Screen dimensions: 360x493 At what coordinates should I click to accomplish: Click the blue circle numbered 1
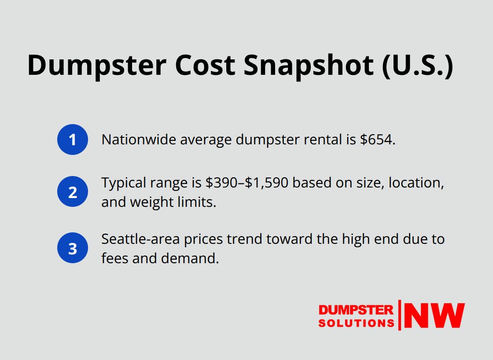click(73, 140)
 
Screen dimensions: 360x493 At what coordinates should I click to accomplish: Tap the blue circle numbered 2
click(73, 191)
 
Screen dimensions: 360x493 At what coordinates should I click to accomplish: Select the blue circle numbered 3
click(73, 248)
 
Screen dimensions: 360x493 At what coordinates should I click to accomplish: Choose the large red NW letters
click(434, 315)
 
